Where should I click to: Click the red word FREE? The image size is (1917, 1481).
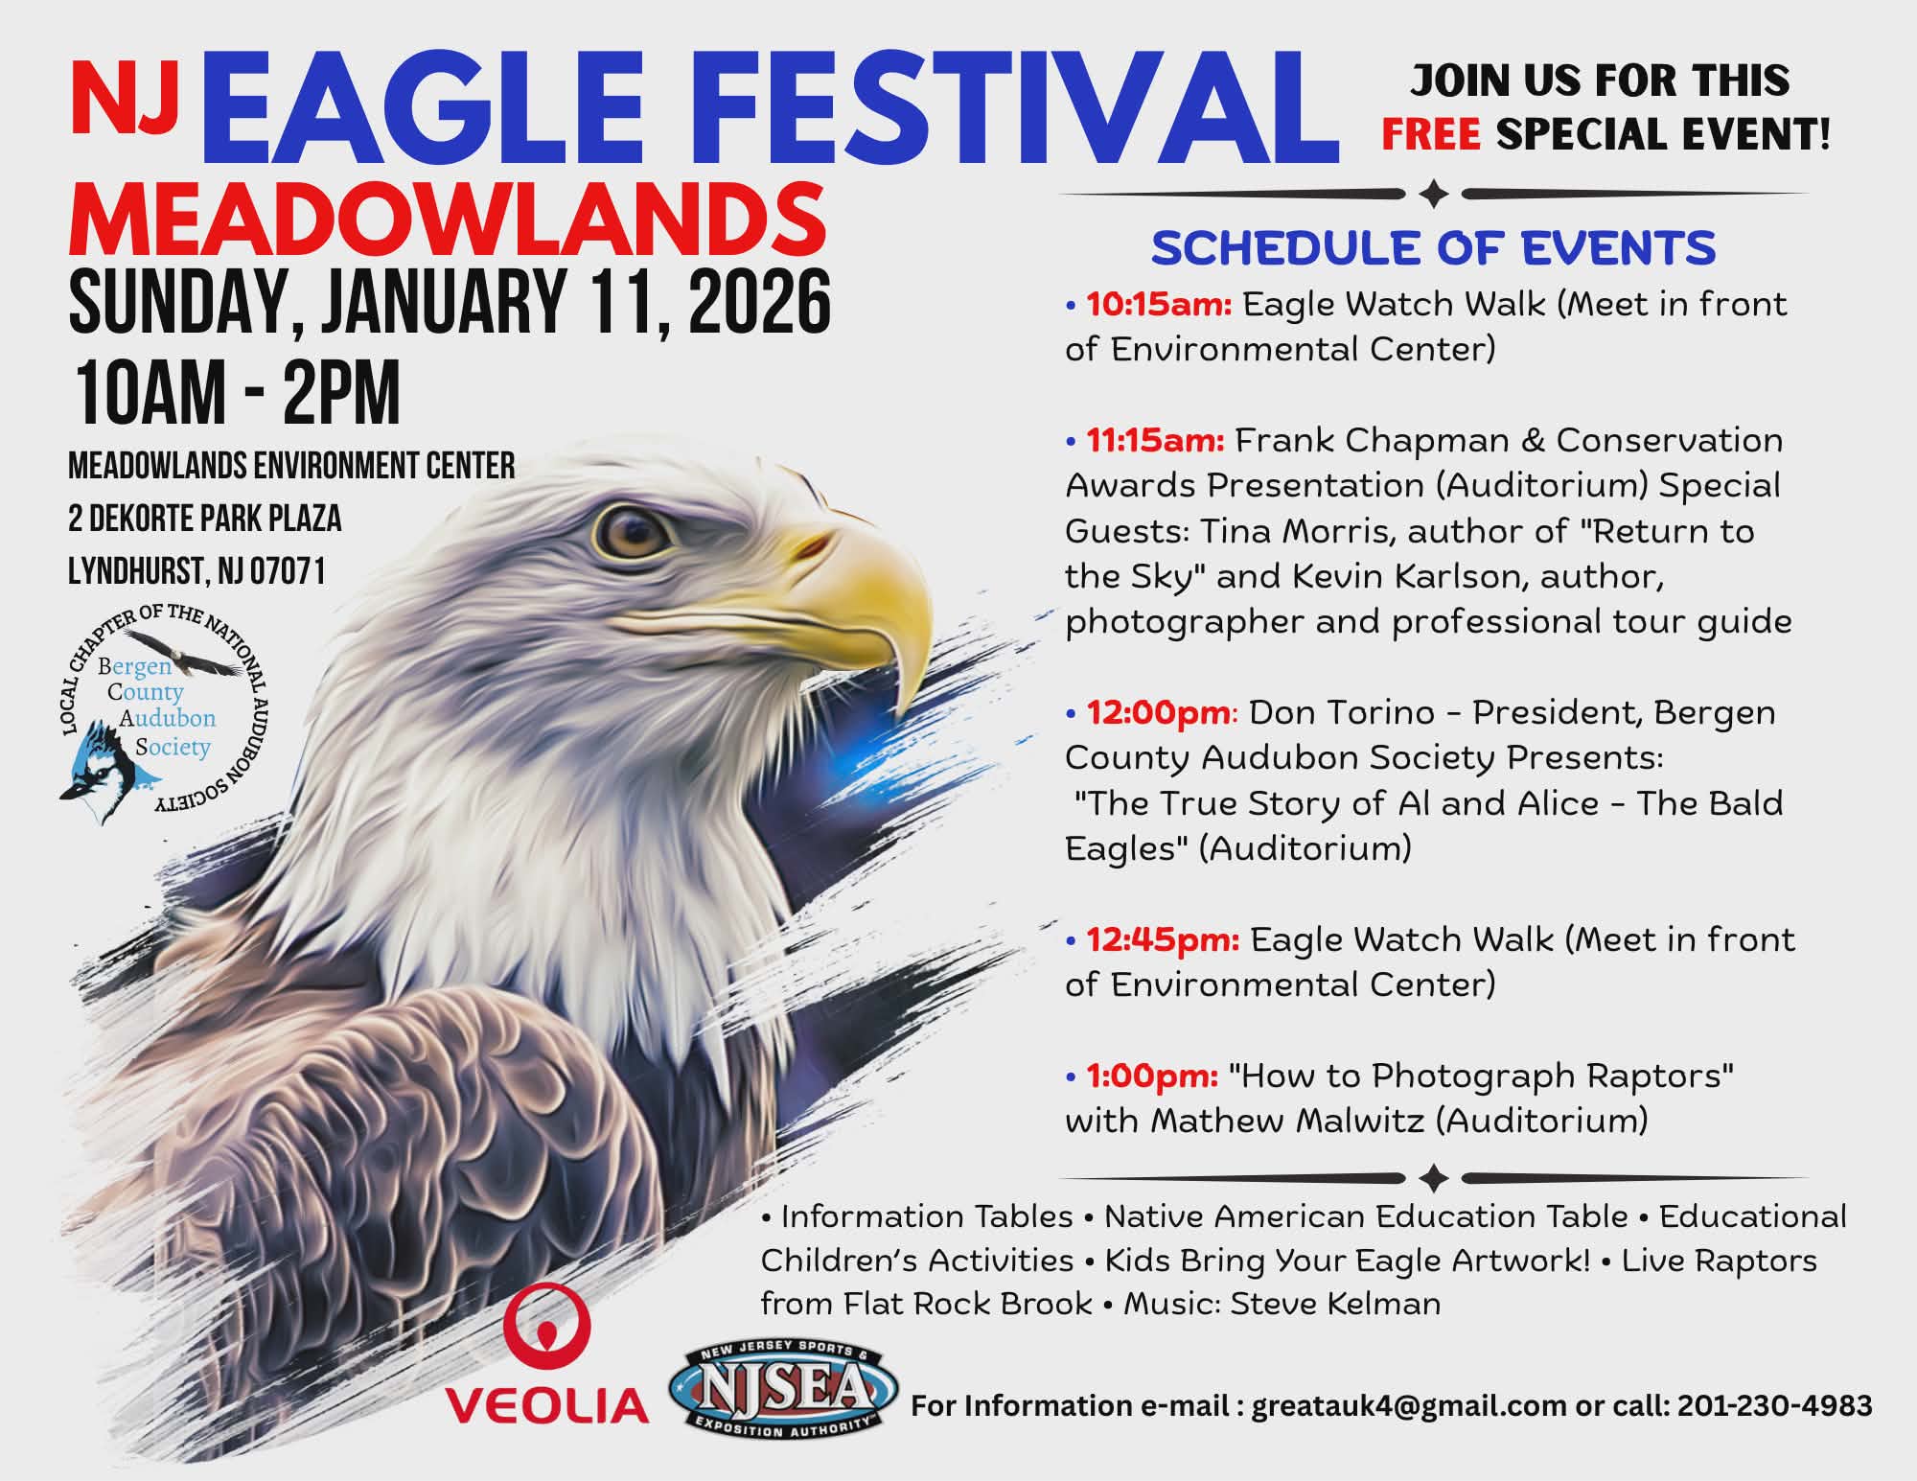pyautogui.click(x=1431, y=134)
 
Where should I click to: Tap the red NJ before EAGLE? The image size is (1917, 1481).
pyautogui.click(x=126, y=100)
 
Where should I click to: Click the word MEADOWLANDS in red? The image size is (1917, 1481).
pyautogui.click(x=447, y=220)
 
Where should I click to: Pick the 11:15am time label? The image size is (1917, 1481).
pyautogui.click(x=1155, y=441)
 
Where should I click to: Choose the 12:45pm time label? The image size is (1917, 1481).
pyautogui.click(x=1163, y=940)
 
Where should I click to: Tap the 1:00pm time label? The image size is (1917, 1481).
pyautogui.click(x=1152, y=1076)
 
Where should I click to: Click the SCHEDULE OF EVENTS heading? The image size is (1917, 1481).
pyautogui.click(x=1433, y=248)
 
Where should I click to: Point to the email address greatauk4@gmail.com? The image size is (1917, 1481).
pyautogui.click(x=1407, y=1406)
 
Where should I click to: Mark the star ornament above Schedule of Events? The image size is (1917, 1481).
pyautogui.click(x=1434, y=195)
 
